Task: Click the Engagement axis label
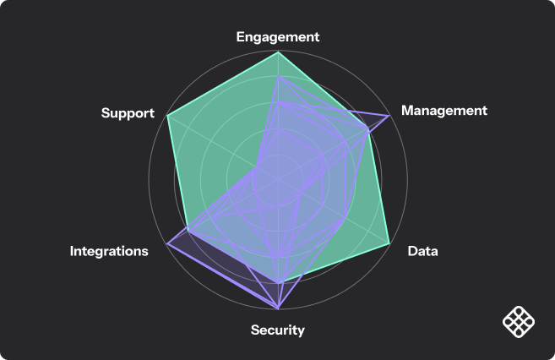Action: click(x=278, y=37)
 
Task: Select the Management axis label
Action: click(x=444, y=111)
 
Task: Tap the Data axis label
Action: click(x=422, y=251)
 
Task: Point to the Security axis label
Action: click(x=277, y=330)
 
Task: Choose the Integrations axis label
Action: click(x=109, y=251)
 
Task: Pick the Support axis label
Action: click(x=128, y=112)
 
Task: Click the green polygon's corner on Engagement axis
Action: click(x=278, y=52)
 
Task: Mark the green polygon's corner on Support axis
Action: click(x=167, y=115)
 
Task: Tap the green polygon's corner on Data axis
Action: click(x=389, y=243)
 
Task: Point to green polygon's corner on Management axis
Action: click(x=368, y=128)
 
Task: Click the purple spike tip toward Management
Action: click(x=389, y=115)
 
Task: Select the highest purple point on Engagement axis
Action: click(x=278, y=76)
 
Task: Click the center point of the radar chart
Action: click(x=278, y=179)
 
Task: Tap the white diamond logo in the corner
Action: click(x=518, y=321)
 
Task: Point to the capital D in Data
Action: click(x=412, y=251)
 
